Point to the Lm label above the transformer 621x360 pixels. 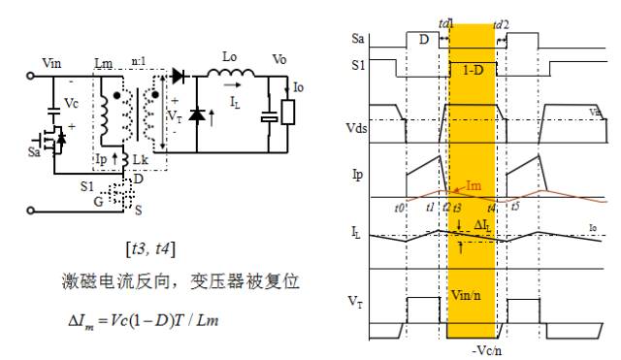point(104,64)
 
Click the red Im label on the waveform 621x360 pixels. point(474,185)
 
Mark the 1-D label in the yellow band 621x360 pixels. point(472,71)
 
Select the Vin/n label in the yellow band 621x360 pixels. point(472,295)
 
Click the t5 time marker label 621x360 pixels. point(514,206)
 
